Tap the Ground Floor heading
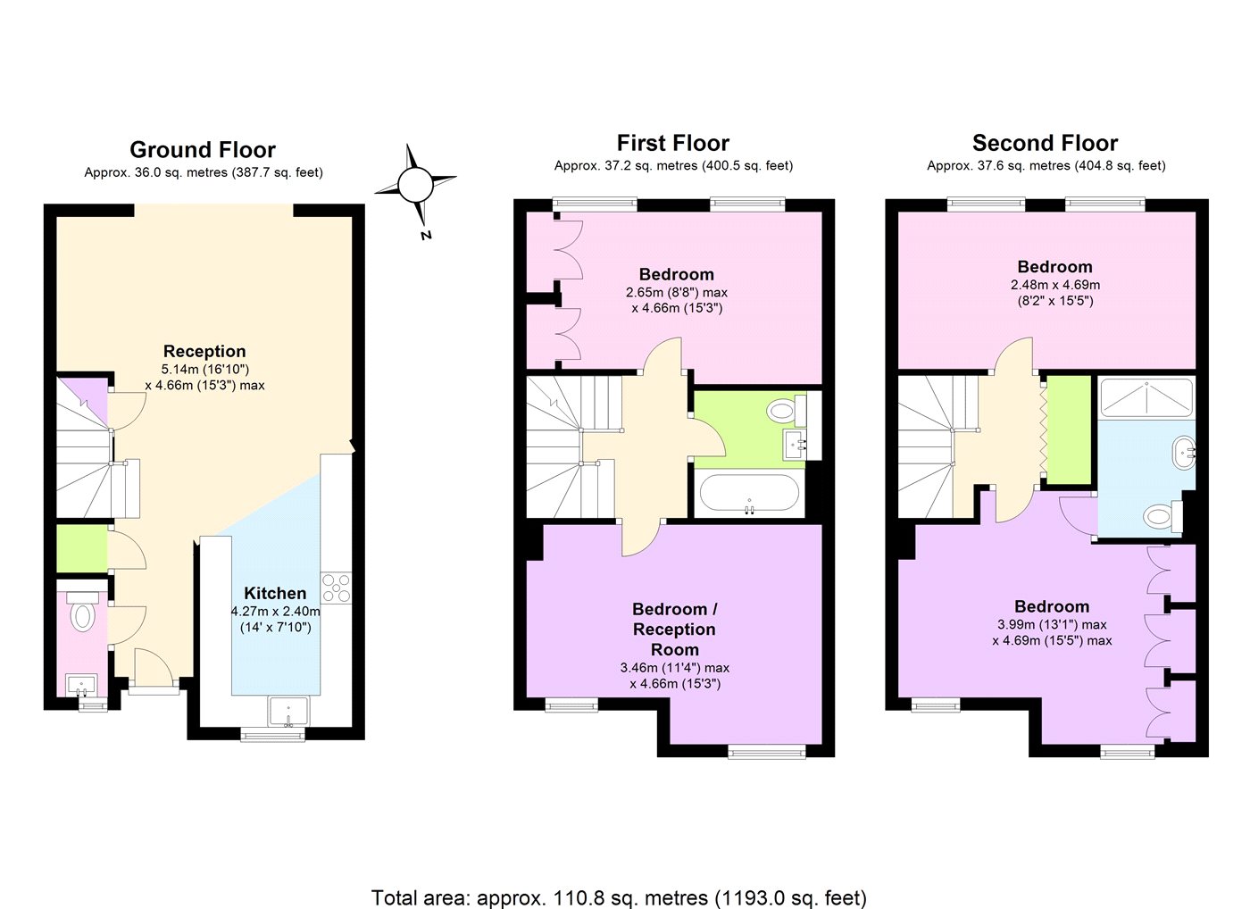[x=203, y=149]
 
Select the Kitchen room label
[x=275, y=593]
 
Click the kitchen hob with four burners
[x=336, y=588]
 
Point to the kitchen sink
[x=287, y=712]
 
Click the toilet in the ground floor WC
[x=82, y=613]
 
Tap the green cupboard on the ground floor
[x=82, y=548]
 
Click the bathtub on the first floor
[x=749, y=493]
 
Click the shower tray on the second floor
[x=1146, y=398]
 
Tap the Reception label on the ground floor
[x=204, y=351]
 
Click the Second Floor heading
[x=1046, y=143]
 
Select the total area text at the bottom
[x=619, y=897]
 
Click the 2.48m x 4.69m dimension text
[x=1055, y=285]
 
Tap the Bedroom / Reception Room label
[x=675, y=629]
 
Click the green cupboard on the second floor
[x=1069, y=430]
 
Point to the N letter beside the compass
[x=427, y=236]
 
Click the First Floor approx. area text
[x=673, y=166]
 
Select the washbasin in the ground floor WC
[x=81, y=685]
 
